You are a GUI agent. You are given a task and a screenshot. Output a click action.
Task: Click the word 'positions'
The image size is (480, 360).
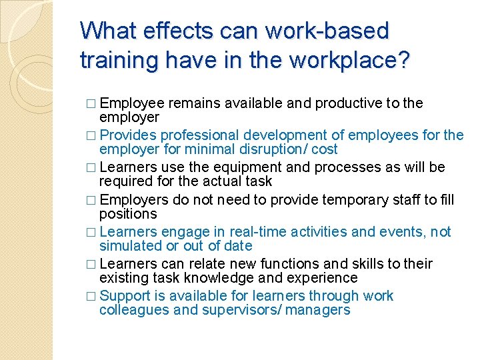(128, 213)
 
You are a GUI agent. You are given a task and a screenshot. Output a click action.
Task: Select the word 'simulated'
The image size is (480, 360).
(130, 245)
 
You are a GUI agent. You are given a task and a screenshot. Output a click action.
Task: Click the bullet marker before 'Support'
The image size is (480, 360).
(91, 296)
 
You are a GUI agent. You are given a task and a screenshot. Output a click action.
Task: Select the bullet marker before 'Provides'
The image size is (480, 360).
(91, 136)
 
